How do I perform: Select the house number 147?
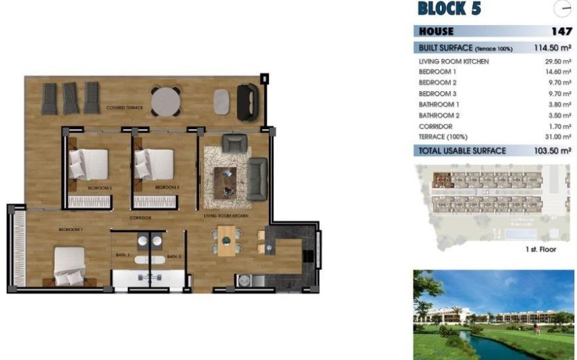[562, 31]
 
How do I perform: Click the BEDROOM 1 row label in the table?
[437, 71]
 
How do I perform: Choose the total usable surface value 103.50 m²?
[549, 150]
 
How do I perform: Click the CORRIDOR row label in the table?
[435, 126]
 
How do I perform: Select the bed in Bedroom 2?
[88, 164]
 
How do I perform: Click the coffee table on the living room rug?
[225, 180]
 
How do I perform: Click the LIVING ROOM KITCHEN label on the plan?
[226, 215]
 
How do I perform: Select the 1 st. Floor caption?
[540, 249]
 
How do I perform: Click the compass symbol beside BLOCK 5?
[563, 9]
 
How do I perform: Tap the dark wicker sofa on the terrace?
[247, 102]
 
